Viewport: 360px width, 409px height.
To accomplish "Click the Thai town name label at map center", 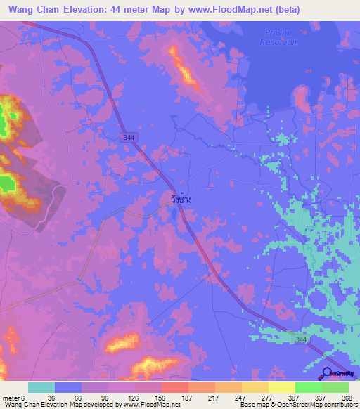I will tap(181, 200).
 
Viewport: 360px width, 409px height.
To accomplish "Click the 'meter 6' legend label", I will tap(13, 398).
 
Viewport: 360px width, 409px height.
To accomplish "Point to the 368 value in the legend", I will tap(347, 398).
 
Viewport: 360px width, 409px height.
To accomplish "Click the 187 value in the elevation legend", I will tap(186, 398).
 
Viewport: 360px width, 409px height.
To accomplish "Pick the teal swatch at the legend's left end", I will tap(41, 387).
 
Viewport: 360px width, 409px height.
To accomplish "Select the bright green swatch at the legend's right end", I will tap(335, 387).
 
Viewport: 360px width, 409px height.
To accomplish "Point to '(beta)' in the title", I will tap(285, 10).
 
